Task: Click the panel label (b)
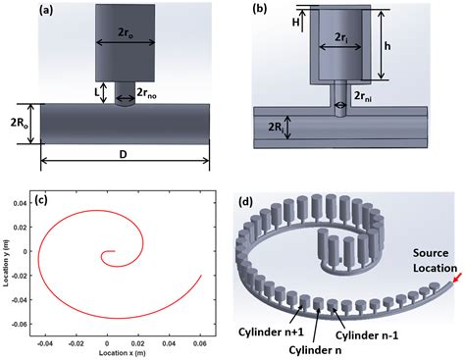[259, 12]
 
